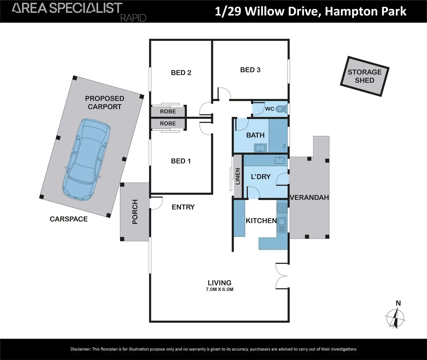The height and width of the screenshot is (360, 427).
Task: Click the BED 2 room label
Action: [181, 73]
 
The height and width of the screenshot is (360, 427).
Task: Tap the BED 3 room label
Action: [250, 70]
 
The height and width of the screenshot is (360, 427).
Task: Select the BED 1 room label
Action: [181, 161]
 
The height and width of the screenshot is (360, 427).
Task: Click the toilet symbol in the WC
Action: [281, 109]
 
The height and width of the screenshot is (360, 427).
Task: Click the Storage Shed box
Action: [365, 76]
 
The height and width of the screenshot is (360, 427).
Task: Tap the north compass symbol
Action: [396, 316]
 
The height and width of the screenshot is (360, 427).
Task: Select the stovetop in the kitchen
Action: [282, 208]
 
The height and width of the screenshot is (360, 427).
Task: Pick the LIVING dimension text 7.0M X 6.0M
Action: [220, 289]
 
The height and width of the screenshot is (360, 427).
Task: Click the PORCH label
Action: [135, 212]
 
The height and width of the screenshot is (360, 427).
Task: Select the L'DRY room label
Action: [261, 177]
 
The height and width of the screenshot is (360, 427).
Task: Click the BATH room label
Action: [255, 135]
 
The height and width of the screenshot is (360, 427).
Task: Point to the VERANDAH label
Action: [309, 197]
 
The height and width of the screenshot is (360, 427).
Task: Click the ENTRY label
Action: [183, 207]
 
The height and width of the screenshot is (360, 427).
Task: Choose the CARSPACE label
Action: [69, 219]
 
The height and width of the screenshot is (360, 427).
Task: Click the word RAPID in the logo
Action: [133, 18]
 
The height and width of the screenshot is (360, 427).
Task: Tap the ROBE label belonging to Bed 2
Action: [168, 111]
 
